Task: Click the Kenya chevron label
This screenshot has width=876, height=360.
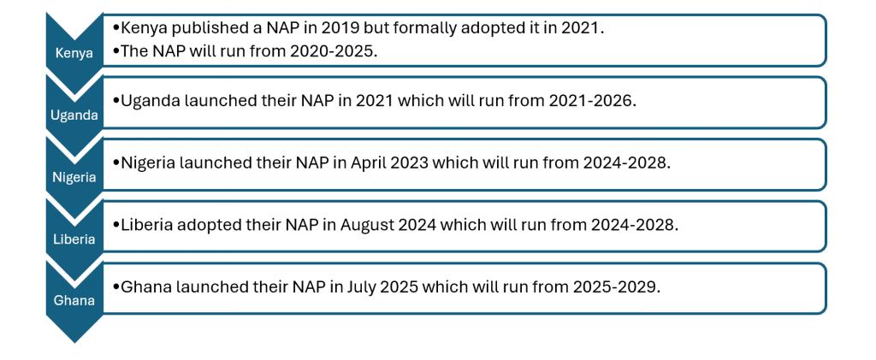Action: pos(74,54)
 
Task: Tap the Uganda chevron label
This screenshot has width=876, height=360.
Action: pos(74,115)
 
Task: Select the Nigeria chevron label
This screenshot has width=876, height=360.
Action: pos(74,178)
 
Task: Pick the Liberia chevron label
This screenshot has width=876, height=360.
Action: pos(74,239)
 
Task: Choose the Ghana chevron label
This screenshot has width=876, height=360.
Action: pos(74,301)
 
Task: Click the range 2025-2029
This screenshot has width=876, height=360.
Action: pos(616,286)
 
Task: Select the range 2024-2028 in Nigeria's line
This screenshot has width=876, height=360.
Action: pos(626,163)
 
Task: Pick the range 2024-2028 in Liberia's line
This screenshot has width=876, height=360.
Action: pos(634,225)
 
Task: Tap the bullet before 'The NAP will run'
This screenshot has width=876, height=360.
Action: pos(116,50)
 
